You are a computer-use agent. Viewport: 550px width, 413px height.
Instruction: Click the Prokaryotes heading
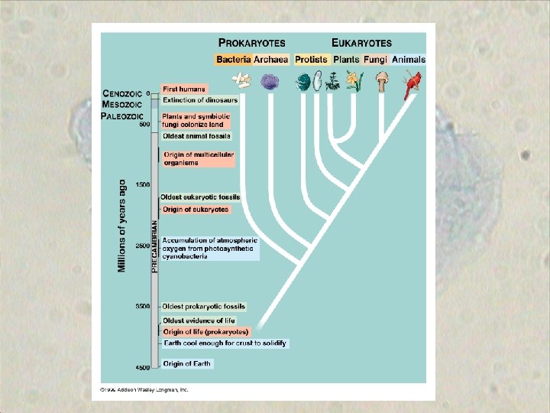[x=253, y=44]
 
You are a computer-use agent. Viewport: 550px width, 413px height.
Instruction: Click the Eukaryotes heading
[x=361, y=44]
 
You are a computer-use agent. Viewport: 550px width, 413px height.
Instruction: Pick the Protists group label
[x=311, y=59]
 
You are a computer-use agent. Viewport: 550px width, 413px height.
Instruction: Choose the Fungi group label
[x=377, y=59]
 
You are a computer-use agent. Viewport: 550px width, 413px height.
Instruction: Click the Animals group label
[x=409, y=59]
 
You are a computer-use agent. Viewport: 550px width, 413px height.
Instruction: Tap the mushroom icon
[x=382, y=80]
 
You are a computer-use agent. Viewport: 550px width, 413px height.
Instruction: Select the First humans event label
[x=183, y=89]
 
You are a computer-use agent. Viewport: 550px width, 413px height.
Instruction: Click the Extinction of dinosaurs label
[x=199, y=100]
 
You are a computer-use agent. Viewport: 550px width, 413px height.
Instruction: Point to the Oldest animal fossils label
[x=196, y=136]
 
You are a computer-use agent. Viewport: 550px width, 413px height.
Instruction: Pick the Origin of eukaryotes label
[x=196, y=210]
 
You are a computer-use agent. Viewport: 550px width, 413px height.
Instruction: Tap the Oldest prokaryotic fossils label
[x=203, y=307]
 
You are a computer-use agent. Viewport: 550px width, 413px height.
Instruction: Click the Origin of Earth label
[x=186, y=364]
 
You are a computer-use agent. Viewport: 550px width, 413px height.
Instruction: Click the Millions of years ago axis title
[x=121, y=226]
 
